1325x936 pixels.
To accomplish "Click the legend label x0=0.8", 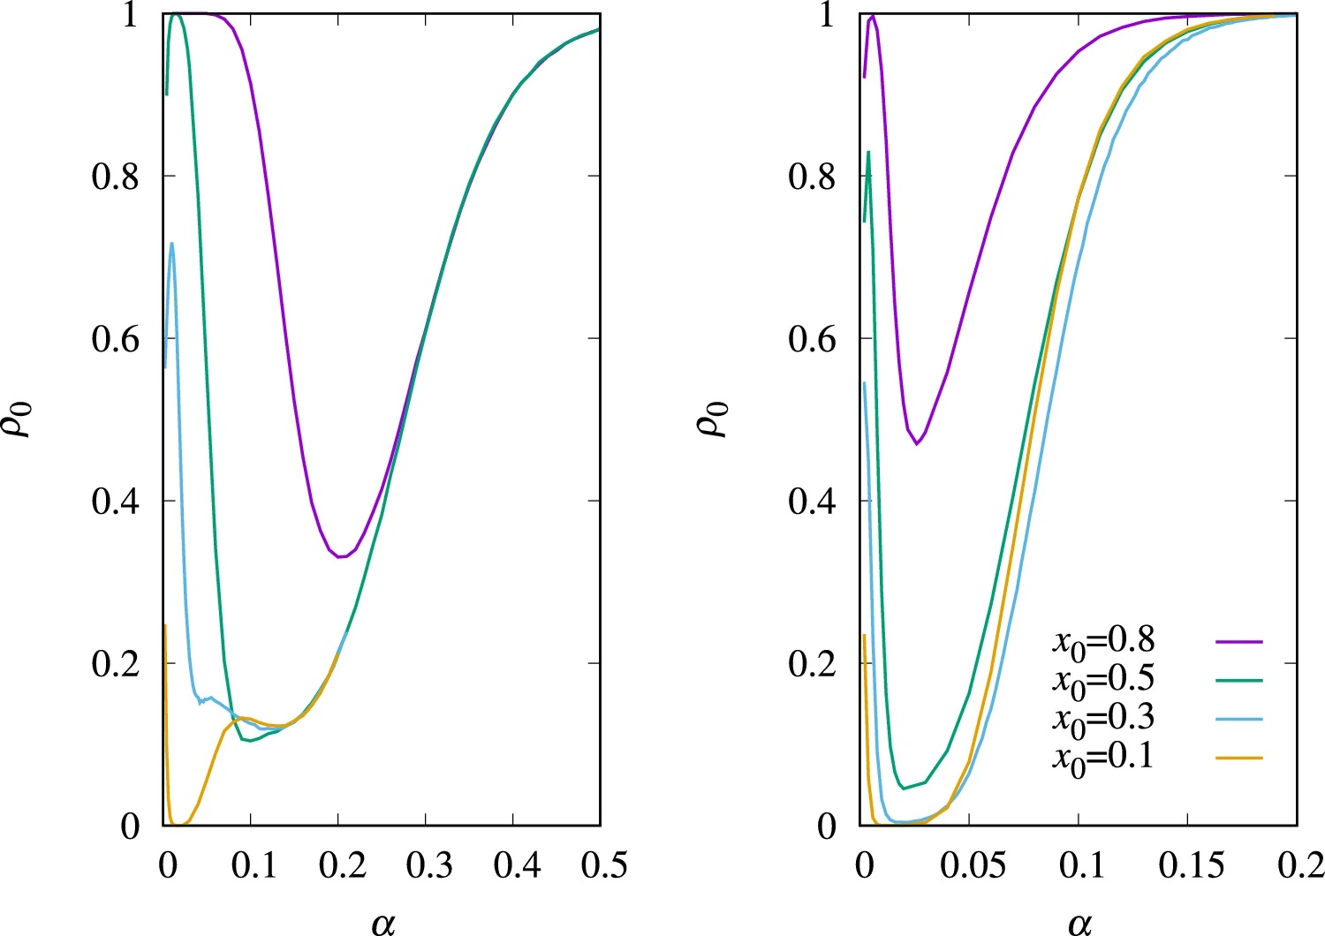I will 1103,642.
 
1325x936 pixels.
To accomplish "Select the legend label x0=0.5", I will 1103,681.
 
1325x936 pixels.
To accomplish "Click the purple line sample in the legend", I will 1238,642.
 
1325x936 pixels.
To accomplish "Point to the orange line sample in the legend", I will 1238,759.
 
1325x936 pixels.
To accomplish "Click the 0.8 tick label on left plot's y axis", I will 116,177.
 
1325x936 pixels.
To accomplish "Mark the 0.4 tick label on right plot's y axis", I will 813,502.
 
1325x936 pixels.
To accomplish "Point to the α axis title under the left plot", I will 383,922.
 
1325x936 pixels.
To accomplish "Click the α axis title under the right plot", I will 1080,922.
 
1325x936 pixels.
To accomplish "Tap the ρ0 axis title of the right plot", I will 716,419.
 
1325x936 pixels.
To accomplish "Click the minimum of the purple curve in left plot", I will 341,557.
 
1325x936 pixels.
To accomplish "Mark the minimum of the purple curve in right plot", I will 917,444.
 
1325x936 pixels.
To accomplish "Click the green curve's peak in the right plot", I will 869,152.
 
